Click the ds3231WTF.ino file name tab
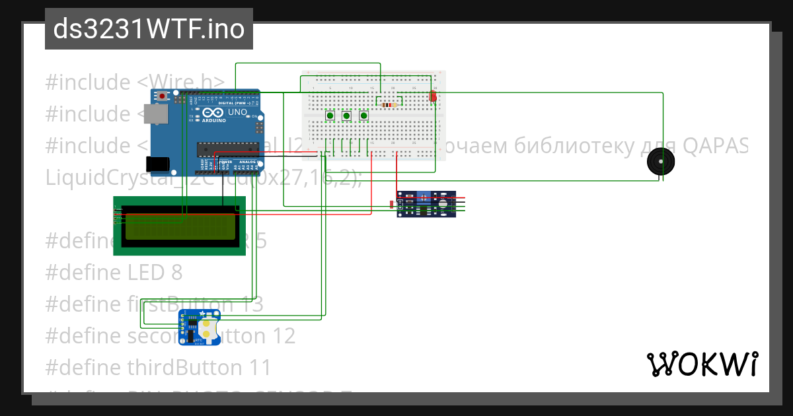coord(149,29)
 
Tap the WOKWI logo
coord(702,364)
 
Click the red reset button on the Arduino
coord(163,96)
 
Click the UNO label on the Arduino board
coord(237,112)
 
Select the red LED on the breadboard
coord(433,96)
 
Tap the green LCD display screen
coord(179,226)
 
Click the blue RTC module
coord(200,328)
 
